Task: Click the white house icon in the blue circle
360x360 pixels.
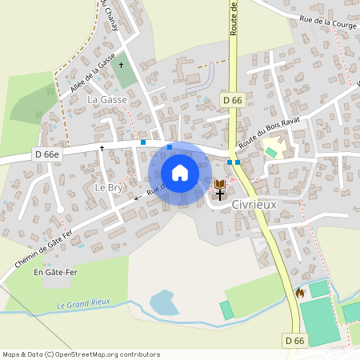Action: click(179, 173)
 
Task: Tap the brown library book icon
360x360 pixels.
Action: click(219, 185)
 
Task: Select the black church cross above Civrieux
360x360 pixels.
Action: click(219, 194)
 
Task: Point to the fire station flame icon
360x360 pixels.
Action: click(300, 294)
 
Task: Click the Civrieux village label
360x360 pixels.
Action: click(254, 204)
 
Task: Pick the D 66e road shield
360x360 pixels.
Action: click(47, 153)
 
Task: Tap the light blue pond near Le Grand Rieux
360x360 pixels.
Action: click(164, 302)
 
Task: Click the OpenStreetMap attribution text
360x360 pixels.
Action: click(80, 354)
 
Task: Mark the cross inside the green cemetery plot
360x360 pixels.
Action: click(122, 64)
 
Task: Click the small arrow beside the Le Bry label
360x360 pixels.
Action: click(137, 197)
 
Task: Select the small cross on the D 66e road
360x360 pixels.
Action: click(102, 148)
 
